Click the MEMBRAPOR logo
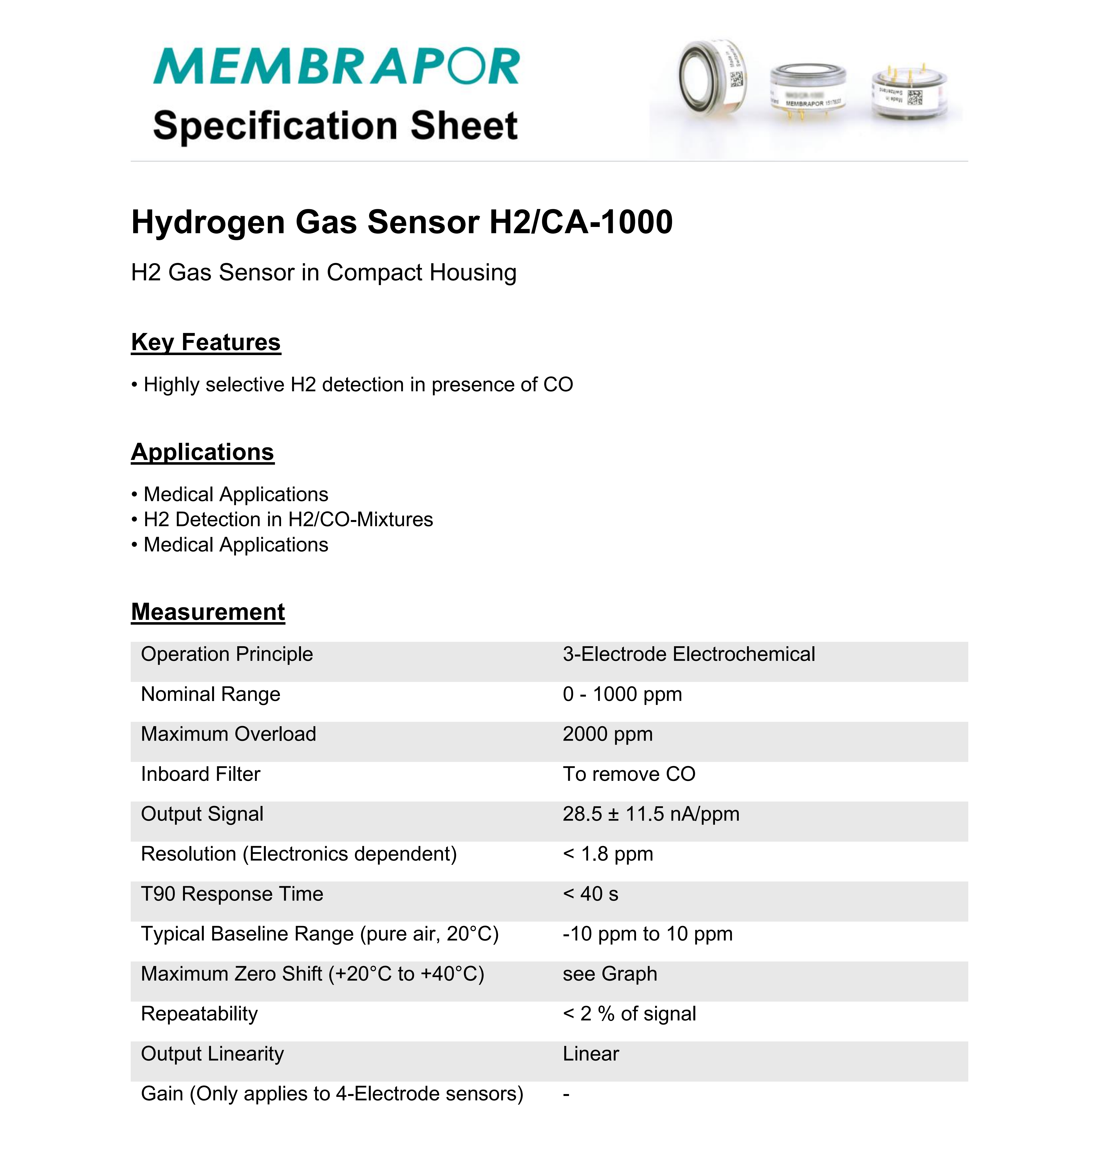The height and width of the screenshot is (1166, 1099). pos(336,66)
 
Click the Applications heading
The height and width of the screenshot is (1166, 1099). pos(202,452)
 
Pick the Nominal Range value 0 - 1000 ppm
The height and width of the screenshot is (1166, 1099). pos(622,694)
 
